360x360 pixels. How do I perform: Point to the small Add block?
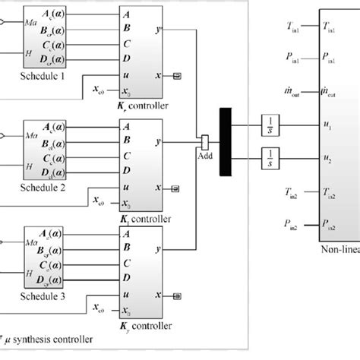pyautogui.click(x=204, y=142)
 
